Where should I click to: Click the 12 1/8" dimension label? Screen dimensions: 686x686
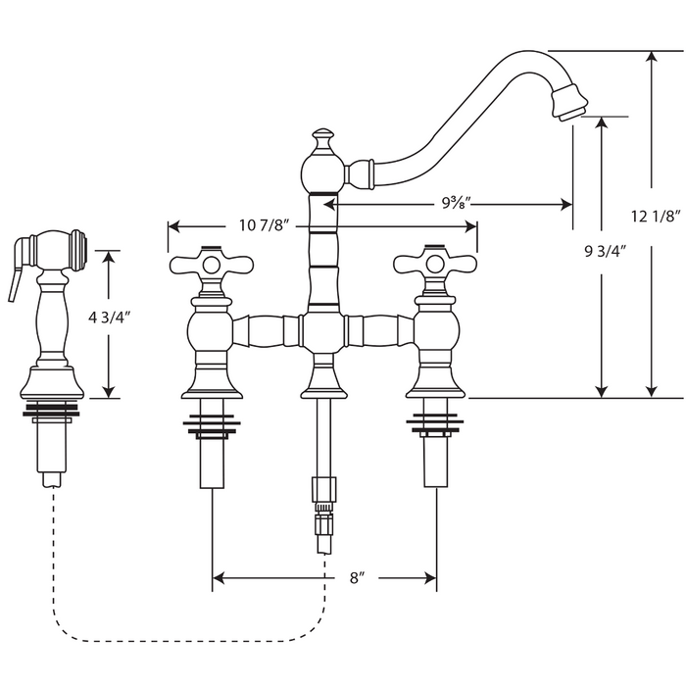tap(656, 217)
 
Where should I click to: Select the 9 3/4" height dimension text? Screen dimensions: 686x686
tap(606, 252)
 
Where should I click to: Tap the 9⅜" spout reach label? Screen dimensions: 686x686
tap(456, 202)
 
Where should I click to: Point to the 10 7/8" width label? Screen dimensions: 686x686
tap(265, 225)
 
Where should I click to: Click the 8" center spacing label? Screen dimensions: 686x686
tap(358, 578)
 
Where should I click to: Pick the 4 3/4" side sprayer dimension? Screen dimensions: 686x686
tap(110, 318)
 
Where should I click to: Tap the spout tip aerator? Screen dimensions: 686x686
tap(568, 102)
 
